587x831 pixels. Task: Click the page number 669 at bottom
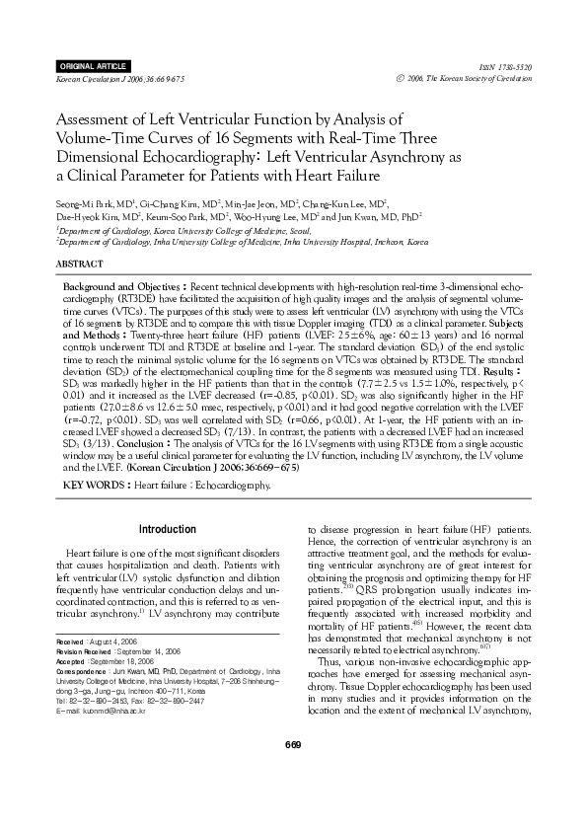[x=292, y=770]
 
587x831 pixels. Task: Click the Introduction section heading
[x=167, y=529]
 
